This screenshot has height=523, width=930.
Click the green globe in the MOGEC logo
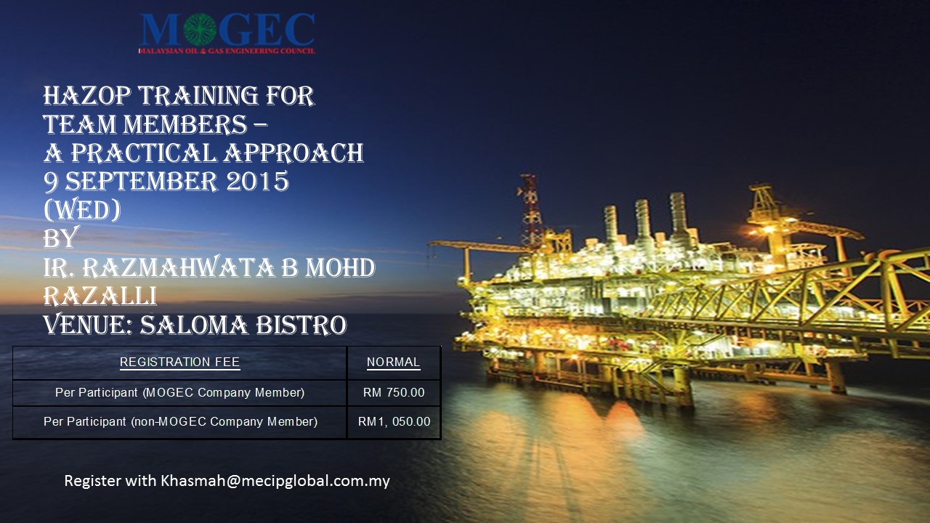pos(200,29)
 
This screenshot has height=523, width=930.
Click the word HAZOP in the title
pos(87,96)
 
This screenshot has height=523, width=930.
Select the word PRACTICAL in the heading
pos(144,153)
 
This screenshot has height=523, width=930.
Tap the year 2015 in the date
pos(257,182)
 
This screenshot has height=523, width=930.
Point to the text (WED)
pos(82,210)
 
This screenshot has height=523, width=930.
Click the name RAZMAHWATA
pos(179,268)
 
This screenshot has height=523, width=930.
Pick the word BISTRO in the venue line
pos(301,325)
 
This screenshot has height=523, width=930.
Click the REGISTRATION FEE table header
pos(179,362)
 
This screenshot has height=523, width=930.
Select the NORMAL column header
pos(393,362)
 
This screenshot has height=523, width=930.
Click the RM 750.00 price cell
pos(394,393)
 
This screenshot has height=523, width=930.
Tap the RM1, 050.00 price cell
pos(394,422)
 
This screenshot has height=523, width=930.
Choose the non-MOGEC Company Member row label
pos(181,422)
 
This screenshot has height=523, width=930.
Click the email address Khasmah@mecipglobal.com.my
pos(275,481)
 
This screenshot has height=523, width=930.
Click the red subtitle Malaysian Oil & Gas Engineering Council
pos(227,51)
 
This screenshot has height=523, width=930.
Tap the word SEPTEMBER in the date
pos(142,182)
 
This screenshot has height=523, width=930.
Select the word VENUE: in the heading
pos(88,325)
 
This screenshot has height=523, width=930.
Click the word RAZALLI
pos(100,296)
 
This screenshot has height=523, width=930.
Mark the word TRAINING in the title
pos(198,96)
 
